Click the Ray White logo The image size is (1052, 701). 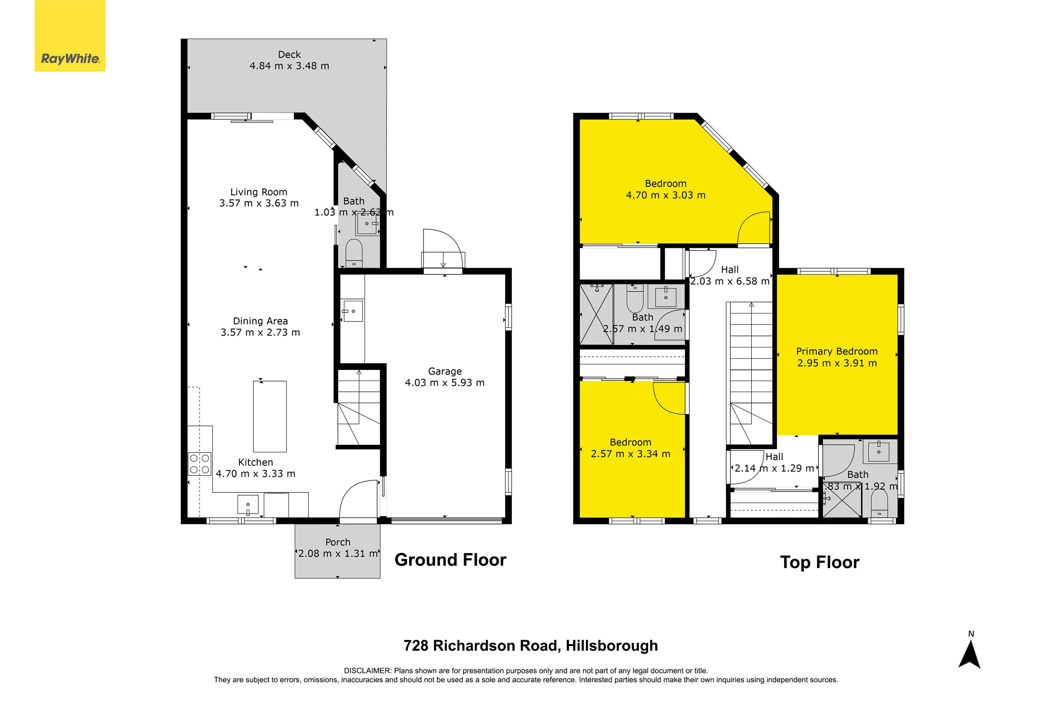[70, 36]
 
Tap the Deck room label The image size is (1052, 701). [289, 54]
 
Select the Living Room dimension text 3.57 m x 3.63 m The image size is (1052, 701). [259, 204]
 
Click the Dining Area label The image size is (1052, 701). [260, 321]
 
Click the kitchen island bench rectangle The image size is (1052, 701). [270, 416]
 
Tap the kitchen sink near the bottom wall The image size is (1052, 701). [248, 505]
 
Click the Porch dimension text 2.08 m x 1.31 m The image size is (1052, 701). [338, 554]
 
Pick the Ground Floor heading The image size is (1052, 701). [450, 560]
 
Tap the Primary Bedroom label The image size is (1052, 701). [837, 351]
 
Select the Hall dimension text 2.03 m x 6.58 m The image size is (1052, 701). [730, 281]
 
